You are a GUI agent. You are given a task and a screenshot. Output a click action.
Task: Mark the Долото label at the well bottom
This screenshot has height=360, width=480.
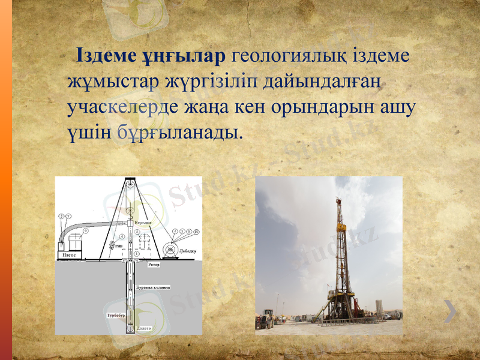pyautogui.click(x=144, y=329)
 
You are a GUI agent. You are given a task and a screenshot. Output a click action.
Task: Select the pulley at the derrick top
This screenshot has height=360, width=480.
pyautogui.click(x=128, y=181)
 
